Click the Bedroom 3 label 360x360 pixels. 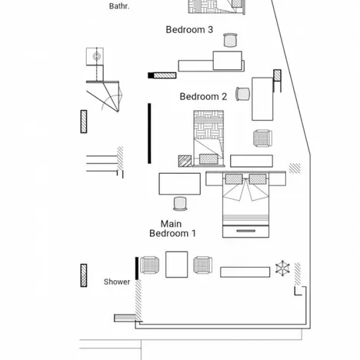click(189, 30)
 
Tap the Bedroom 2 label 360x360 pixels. click(203, 97)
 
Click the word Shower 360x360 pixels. click(117, 282)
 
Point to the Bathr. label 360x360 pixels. click(119, 6)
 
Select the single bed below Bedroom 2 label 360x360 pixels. click(208, 138)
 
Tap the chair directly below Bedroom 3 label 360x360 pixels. click(230, 40)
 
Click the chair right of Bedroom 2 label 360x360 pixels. click(243, 94)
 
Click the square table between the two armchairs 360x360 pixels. click(177, 265)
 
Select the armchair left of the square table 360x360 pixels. click(150, 266)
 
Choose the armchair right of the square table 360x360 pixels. click(203, 266)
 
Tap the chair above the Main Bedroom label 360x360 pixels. click(181, 204)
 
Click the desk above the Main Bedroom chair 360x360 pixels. click(180, 184)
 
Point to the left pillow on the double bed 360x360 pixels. click(235, 179)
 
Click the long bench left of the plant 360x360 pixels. click(245, 272)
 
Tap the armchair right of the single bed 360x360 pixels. click(262, 139)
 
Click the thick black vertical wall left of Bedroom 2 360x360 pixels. click(149, 132)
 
